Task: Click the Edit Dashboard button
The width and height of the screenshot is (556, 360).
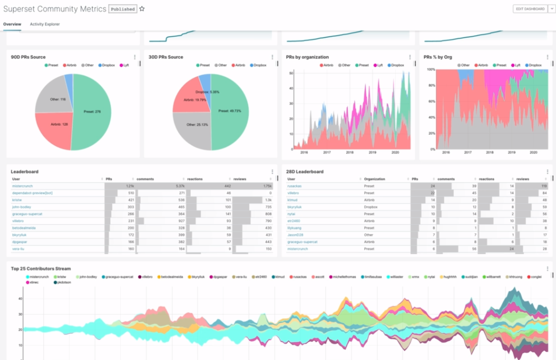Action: (x=530, y=9)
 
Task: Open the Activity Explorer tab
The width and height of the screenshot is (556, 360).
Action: (x=45, y=24)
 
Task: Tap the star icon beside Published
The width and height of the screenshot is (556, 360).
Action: (x=142, y=9)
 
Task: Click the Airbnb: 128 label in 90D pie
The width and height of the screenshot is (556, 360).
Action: (x=60, y=124)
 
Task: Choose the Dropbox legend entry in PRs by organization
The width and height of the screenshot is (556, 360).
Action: (x=396, y=65)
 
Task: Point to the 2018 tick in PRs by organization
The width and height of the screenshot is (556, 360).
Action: (x=349, y=152)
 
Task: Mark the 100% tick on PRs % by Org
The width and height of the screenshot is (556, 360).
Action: (x=431, y=70)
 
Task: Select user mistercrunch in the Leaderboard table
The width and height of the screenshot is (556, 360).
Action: (x=23, y=186)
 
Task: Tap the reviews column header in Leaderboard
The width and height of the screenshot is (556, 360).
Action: (x=240, y=179)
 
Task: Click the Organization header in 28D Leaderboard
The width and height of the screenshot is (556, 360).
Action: (x=375, y=179)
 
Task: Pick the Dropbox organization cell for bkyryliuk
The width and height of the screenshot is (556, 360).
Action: (x=372, y=207)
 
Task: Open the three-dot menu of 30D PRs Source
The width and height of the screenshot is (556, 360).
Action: (x=272, y=57)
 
